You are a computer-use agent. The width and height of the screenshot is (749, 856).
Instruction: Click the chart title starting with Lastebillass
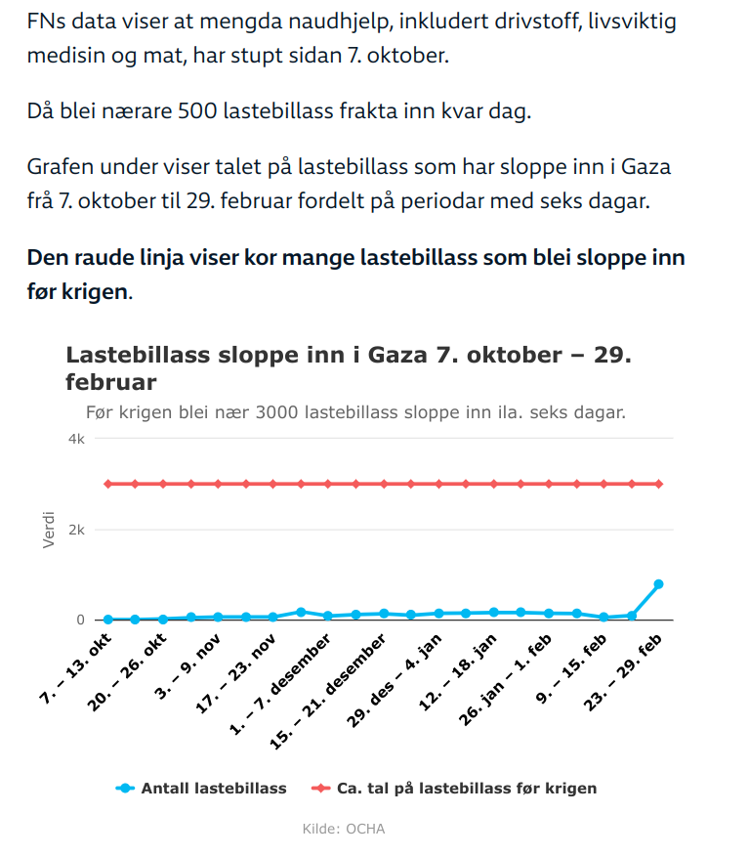(348, 367)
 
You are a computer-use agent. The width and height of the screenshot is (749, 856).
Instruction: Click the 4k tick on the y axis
(76, 440)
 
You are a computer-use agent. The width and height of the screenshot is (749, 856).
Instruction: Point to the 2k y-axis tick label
(76, 530)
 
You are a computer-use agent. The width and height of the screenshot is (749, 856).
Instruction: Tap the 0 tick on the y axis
(81, 620)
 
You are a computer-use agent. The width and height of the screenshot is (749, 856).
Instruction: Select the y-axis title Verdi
(49, 530)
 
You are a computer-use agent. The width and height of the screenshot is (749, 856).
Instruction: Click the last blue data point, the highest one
(659, 584)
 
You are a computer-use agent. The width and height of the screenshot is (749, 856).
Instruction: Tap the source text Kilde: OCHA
(344, 829)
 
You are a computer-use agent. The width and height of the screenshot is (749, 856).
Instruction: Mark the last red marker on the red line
(659, 484)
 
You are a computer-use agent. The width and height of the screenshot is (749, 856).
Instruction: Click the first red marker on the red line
(107, 484)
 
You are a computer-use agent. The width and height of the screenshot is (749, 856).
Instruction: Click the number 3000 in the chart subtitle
(276, 412)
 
